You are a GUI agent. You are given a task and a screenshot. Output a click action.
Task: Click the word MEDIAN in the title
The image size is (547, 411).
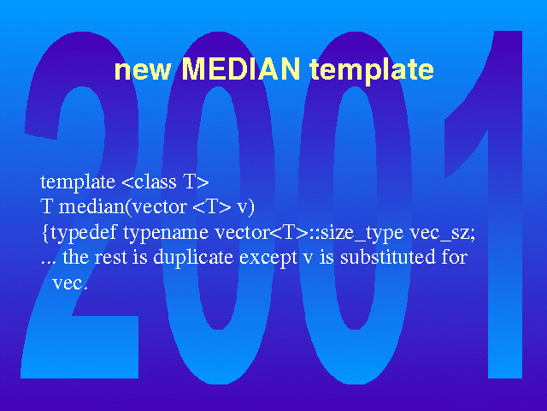point(241,68)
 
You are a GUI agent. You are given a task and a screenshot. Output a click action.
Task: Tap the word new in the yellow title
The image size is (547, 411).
point(143,71)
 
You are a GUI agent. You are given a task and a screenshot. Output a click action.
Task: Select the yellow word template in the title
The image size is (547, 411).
point(372,70)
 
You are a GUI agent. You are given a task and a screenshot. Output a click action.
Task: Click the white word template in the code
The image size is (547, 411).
point(78,182)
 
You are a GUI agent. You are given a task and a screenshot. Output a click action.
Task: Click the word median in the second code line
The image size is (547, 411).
point(91,207)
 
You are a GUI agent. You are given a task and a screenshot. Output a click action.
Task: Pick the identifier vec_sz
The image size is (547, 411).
point(440,233)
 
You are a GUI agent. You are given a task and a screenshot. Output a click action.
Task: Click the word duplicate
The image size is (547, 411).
point(193,258)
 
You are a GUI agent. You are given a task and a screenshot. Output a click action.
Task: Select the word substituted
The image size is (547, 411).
point(388,257)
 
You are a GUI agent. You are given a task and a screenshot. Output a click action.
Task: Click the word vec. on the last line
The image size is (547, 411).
point(69,283)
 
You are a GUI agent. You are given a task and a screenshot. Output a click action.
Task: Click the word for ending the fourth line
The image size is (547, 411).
point(455,257)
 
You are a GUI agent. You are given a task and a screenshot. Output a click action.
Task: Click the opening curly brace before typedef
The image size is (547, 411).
point(45,233)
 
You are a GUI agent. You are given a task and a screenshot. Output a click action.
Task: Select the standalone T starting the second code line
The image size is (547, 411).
point(46,206)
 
